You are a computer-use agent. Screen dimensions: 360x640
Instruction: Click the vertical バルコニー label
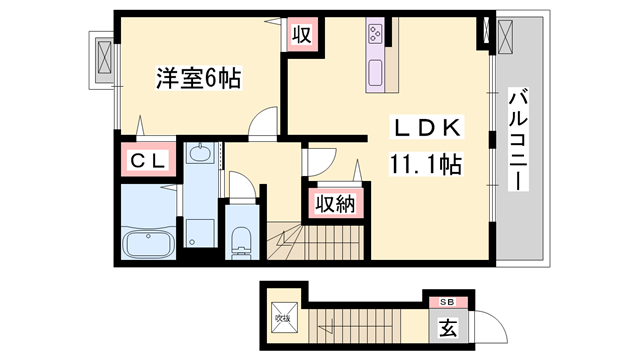[518, 139]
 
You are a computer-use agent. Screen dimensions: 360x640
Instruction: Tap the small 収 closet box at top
[302, 34]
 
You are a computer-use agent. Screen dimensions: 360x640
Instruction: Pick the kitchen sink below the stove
[376, 73]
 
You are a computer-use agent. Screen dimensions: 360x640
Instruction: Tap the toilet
[241, 239]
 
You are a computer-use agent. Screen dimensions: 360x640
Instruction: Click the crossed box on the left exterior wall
[102, 59]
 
